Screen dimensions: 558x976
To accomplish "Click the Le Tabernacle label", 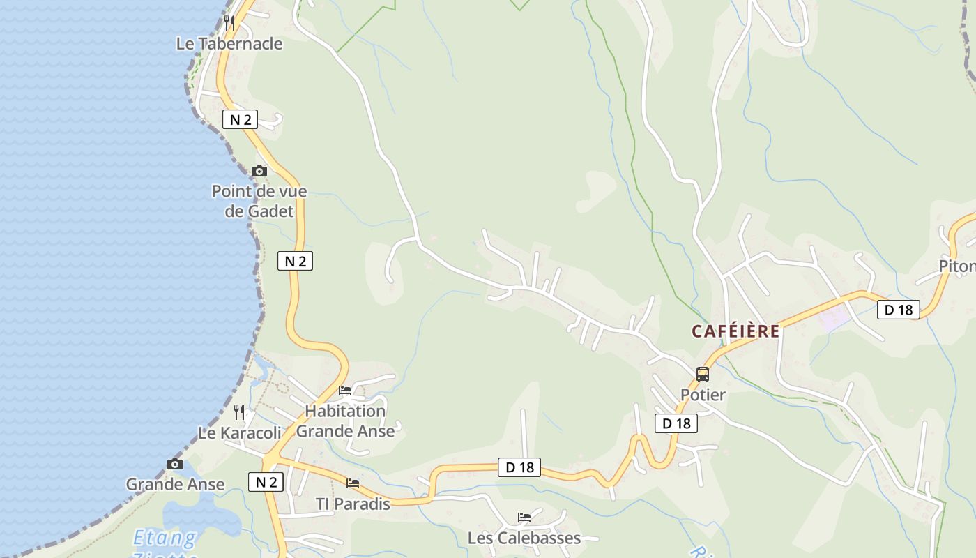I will pyautogui.click(x=229, y=44).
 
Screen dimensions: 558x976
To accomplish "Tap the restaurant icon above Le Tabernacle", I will pyautogui.click(x=229, y=23).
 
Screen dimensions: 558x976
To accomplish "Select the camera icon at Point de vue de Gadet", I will pyautogui.click(x=259, y=171).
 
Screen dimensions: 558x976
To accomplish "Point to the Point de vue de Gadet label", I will pyautogui.click(x=259, y=201).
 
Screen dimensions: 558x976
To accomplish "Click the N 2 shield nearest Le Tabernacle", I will pyautogui.click(x=240, y=119).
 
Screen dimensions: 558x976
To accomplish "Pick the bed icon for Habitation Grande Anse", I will pyautogui.click(x=345, y=391).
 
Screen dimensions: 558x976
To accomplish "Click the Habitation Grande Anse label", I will pyautogui.click(x=345, y=421).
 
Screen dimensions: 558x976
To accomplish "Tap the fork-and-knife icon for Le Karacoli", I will pyautogui.click(x=239, y=412).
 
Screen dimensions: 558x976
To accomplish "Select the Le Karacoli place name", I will pyautogui.click(x=240, y=433).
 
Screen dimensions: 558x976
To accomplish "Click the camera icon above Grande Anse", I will pyautogui.click(x=175, y=464).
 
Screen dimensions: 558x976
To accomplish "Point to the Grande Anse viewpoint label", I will pyautogui.click(x=175, y=484).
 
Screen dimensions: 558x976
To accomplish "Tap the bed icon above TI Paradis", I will pyautogui.click(x=353, y=483).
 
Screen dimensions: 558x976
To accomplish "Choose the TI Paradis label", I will pyautogui.click(x=353, y=504).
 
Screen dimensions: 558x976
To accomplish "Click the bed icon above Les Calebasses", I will pyautogui.click(x=524, y=517).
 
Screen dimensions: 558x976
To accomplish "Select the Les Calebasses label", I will pyautogui.click(x=524, y=538).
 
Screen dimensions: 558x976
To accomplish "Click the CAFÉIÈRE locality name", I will pyautogui.click(x=735, y=331).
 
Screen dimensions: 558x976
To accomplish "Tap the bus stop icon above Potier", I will pyautogui.click(x=703, y=374).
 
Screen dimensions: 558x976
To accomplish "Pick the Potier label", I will pyautogui.click(x=703, y=395).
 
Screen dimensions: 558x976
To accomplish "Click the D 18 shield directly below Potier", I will pyautogui.click(x=676, y=423).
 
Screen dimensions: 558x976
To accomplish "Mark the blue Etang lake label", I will pyautogui.click(x=165, y=538).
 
